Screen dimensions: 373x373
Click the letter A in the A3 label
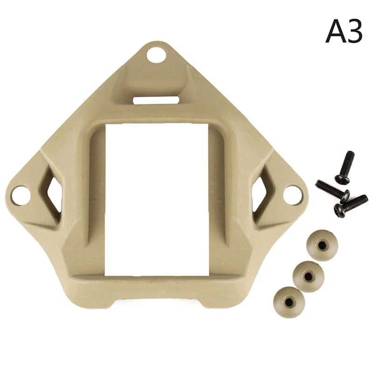pyautogui.click(x=336, y=31)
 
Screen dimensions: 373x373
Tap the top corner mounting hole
pyautogui.click(x=156, y=55)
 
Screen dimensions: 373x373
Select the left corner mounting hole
pyautogui.click(x=21, y=195)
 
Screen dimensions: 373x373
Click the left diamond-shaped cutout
pyautogui.click(x=55, y=195)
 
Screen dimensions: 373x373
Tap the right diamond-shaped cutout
pyautogui.click(x=259, y=194)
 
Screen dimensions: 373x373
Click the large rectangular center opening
pyautogui.click(x=157, y=200)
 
